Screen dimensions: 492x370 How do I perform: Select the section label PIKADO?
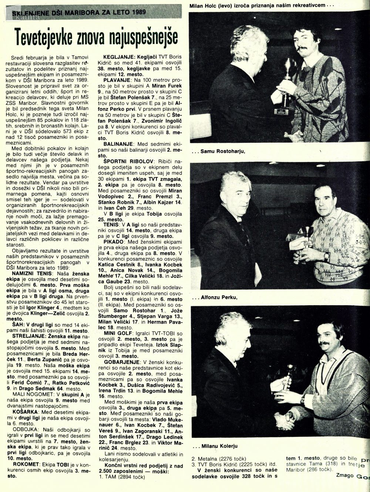106,241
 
